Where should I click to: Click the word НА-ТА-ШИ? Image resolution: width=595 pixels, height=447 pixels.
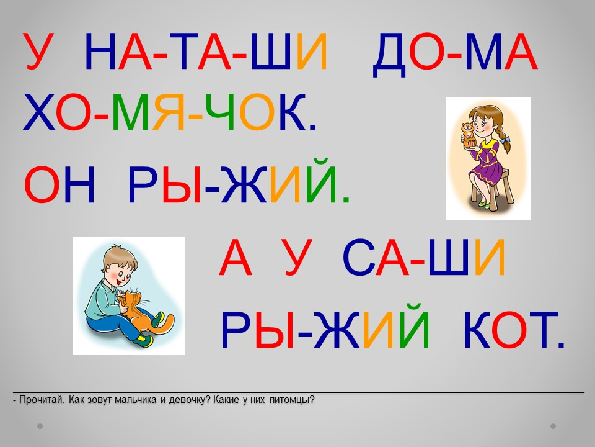pos(206,52)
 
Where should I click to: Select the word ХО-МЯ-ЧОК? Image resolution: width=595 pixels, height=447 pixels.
pos(170,112)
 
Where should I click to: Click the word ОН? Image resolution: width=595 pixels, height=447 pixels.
pos(59,184)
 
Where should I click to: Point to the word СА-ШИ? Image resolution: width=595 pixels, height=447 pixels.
pos(424,257)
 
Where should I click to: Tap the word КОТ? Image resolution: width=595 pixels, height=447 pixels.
pos(514,330)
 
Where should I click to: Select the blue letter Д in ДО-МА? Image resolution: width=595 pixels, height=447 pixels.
pos(389,55)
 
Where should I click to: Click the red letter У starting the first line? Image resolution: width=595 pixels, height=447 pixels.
pos(38,52)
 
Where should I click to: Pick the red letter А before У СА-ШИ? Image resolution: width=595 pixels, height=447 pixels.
pos(236,257)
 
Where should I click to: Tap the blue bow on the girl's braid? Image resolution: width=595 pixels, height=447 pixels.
pos(505,141)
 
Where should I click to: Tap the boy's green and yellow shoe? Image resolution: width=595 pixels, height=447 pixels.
pos(145,340)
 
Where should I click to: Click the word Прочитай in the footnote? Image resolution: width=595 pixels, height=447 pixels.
pos(42,400)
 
